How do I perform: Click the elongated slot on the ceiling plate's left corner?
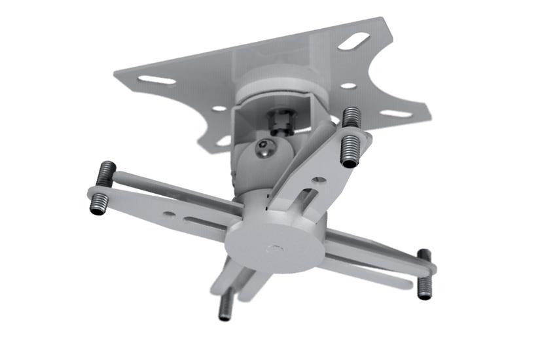pos(156,80)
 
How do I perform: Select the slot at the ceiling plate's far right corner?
pos(396,113)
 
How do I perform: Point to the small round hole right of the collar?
pos(348,86)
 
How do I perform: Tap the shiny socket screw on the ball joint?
pos(264,149)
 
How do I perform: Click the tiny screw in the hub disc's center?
pos(276,248)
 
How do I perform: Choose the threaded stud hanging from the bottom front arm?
pos(225,305)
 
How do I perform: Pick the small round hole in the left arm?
pos(169,213)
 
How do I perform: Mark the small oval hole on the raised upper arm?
pos(319,178)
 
